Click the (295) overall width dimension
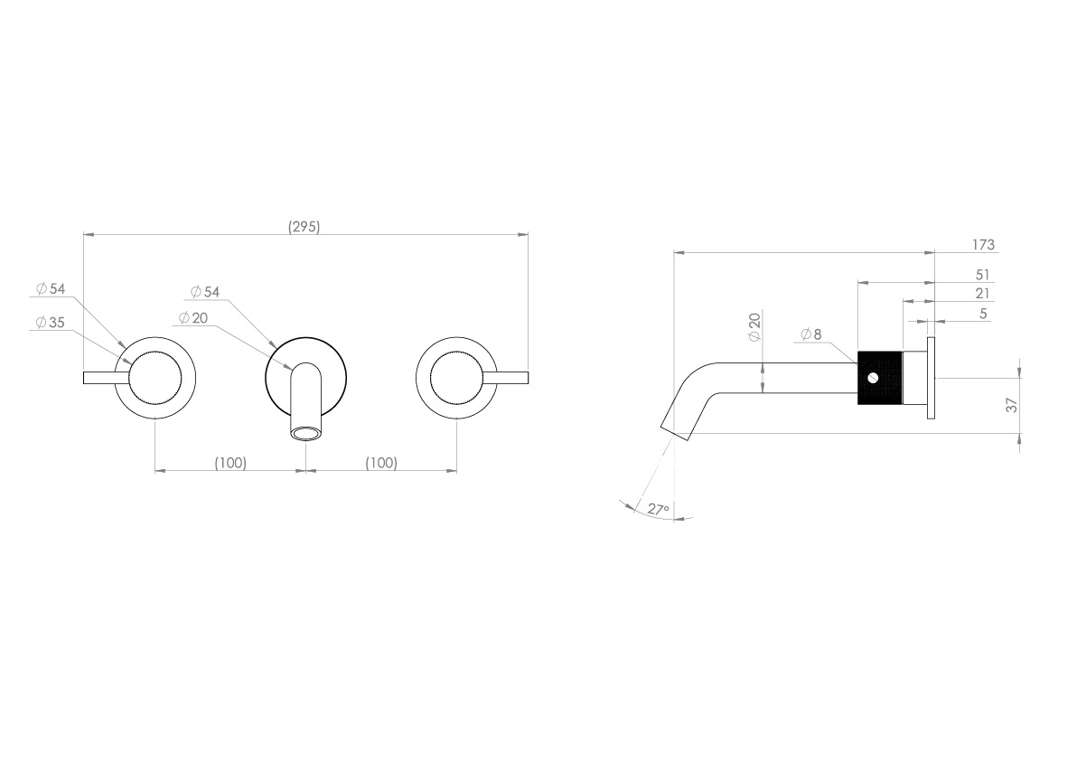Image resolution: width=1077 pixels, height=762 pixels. click(x=304, y=227)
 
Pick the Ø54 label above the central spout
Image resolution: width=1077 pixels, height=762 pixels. click(x=205, y=291)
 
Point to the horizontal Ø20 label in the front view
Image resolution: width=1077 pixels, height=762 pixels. click(x=193, y=318)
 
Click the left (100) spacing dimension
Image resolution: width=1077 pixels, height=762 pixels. click(x=230, y=463)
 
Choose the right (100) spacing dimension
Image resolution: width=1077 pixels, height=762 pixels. click(x=380, y=463)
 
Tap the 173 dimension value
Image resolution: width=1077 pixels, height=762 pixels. click(x=983, y=245)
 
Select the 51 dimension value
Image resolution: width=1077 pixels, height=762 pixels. click(x=983, y=274)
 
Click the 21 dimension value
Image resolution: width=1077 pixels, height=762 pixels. click(x=983, y=293)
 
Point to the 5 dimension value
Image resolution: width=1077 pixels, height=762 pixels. click(x=983, y=313)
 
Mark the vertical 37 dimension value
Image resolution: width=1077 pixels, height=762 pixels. click(x=1013, y=405)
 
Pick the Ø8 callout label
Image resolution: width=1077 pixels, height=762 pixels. click(x=811, y=334)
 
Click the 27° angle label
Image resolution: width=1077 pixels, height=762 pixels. click(x=659, y=510)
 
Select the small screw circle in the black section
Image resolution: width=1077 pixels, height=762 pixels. click(x=874, y=378)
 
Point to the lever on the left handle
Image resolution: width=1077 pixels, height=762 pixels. click(x=101, y=377)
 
